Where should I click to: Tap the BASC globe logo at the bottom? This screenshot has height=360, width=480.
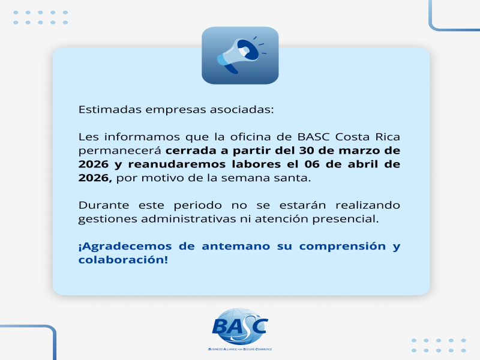240,326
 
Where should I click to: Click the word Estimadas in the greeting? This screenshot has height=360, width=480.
110,109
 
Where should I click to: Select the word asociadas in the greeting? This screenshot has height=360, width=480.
242,109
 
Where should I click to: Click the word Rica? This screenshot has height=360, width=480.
388,137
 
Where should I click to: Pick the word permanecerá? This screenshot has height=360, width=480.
119,151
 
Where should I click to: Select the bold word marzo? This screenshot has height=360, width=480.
359,151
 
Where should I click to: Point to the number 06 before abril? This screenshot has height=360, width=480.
312,164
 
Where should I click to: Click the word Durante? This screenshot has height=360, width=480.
104,205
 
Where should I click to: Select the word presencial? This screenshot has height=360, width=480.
346,219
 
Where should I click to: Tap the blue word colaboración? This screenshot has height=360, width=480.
123,260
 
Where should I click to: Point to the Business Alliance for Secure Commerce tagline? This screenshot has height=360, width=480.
240,349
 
